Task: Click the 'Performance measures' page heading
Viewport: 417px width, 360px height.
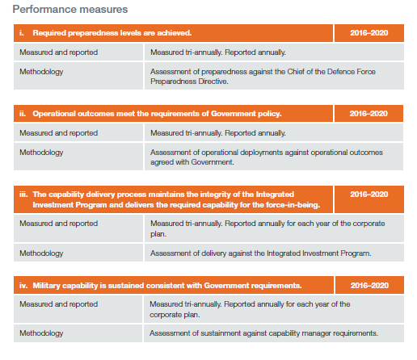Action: (x=70, y=10)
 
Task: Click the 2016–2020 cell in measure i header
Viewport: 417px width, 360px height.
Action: (x=369, y=33)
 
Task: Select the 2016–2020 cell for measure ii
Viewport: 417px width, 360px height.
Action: (x=369, y=114)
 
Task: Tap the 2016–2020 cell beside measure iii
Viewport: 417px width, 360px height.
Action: (x=369, y=199)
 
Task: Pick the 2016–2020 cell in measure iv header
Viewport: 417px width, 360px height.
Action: (x=369, y=285)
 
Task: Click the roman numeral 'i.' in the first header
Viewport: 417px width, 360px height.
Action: (x=22, y=33)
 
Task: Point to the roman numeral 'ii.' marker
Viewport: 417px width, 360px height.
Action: (x=23, y=114)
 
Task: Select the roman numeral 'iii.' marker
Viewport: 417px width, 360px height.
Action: (x=23, y=195)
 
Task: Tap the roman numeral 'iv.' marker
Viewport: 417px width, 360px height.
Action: (x=23, y=285)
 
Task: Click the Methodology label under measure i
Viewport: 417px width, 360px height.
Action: (x=41, y=72)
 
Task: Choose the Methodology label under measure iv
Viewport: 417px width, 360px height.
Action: (x=41, y=333)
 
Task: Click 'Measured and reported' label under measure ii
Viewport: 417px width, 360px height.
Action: (x=58, y=133)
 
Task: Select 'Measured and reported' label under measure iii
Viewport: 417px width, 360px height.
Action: (x=58, y=224)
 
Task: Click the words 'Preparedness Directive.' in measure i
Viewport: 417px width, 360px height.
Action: (x=189, y=82)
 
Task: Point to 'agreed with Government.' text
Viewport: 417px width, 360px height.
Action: (x=192, y=162)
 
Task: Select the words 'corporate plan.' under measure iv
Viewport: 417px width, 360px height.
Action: (x=175, y=315)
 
